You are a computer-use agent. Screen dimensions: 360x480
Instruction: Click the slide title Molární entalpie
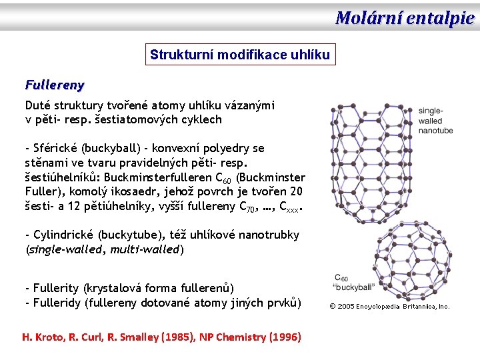[x=405, y=18]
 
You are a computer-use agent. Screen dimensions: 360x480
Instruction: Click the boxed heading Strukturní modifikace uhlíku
[x=240, y=55]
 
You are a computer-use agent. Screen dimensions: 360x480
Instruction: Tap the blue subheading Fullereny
[x=55, y=85]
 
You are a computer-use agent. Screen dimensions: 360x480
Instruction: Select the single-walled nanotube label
[x=435, y=121]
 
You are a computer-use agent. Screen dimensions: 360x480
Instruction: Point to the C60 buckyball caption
[x=353, y=283]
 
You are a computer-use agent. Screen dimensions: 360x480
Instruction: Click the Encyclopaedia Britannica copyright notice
[x=390, y=307]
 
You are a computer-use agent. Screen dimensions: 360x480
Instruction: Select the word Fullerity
[x=53, y=288]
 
